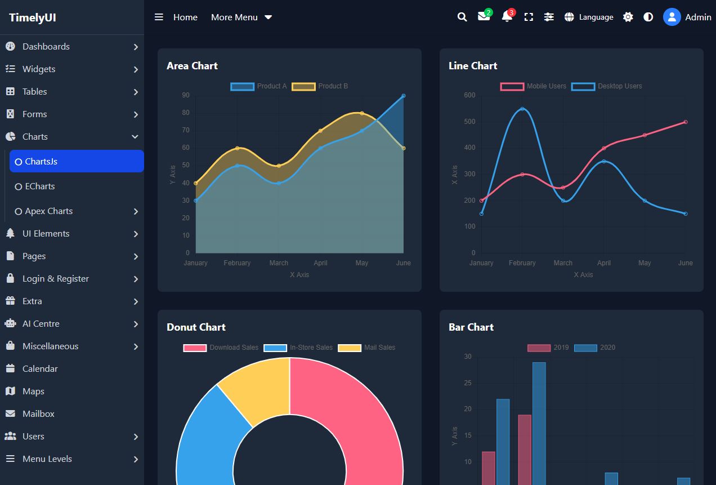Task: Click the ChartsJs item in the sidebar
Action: [x=77, y=161]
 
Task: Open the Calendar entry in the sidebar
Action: [x=40, y=368]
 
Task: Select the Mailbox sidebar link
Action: [x=38, y=413]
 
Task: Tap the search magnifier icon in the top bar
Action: [x=462, y=17]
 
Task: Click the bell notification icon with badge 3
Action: [x=507, y=17]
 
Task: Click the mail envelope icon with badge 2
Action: [x=484, y=16]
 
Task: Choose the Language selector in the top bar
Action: [x=589, y=17]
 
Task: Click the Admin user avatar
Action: [x=672, y=17]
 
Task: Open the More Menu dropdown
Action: [x=241, y=17]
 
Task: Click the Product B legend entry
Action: [x=320, y=86]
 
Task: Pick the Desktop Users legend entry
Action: [x=607, y=86]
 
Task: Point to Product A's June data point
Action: [x=404, y=96]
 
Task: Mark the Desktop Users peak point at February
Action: [x=522, y=109]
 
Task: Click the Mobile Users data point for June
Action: [x=686, y=122]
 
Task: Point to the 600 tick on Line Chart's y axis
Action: [x=469, y=95]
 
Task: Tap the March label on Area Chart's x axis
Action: [x=279, y=263]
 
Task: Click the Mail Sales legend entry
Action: [x=367, y=348]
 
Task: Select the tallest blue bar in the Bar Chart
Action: [x=539, y=422]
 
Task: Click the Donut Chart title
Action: [x=196, y=327]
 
